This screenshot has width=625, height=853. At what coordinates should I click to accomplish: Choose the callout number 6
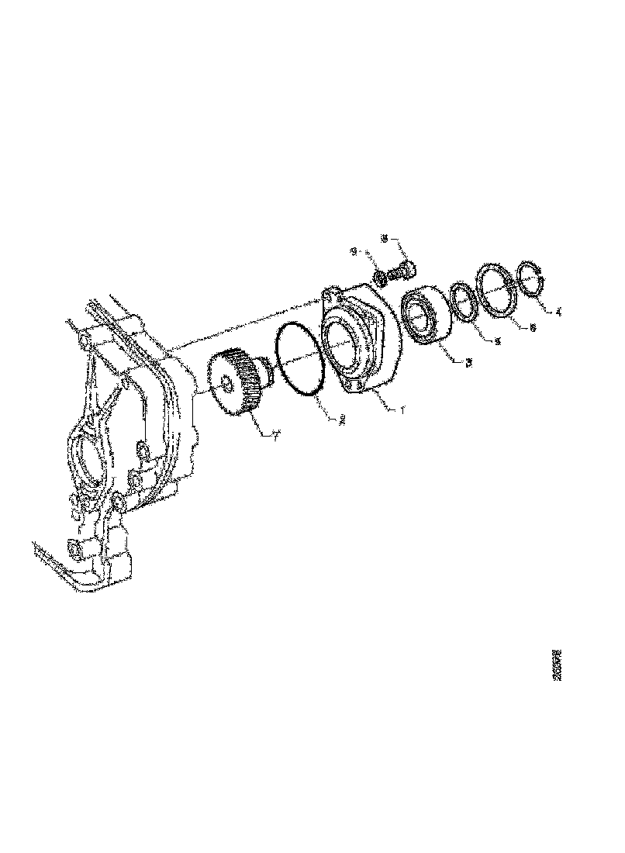531,327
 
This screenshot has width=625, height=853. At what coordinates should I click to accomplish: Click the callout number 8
384,240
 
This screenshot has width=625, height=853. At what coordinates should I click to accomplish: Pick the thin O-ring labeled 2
299,360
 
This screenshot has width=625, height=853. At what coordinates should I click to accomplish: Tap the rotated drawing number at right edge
556,665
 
